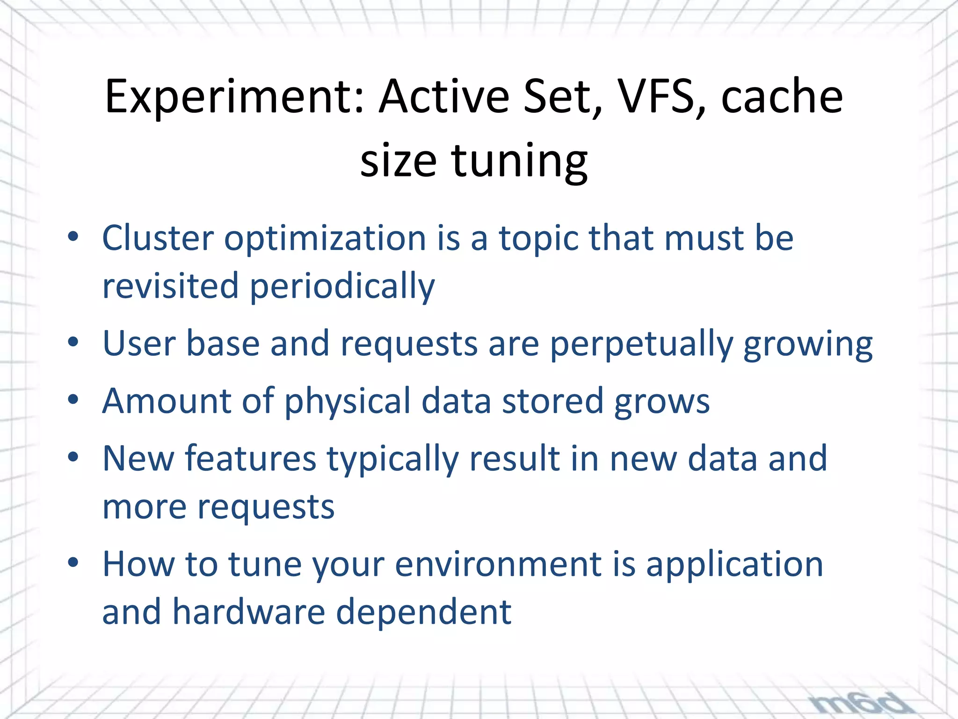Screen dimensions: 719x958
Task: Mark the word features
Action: click(251, 458)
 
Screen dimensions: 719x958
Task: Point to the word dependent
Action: click(423, 612)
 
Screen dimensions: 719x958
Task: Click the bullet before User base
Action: click(73, 342)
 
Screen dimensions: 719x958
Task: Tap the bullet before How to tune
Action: click(73, 562)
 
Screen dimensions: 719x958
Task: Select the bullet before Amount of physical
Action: click(73, 400)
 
